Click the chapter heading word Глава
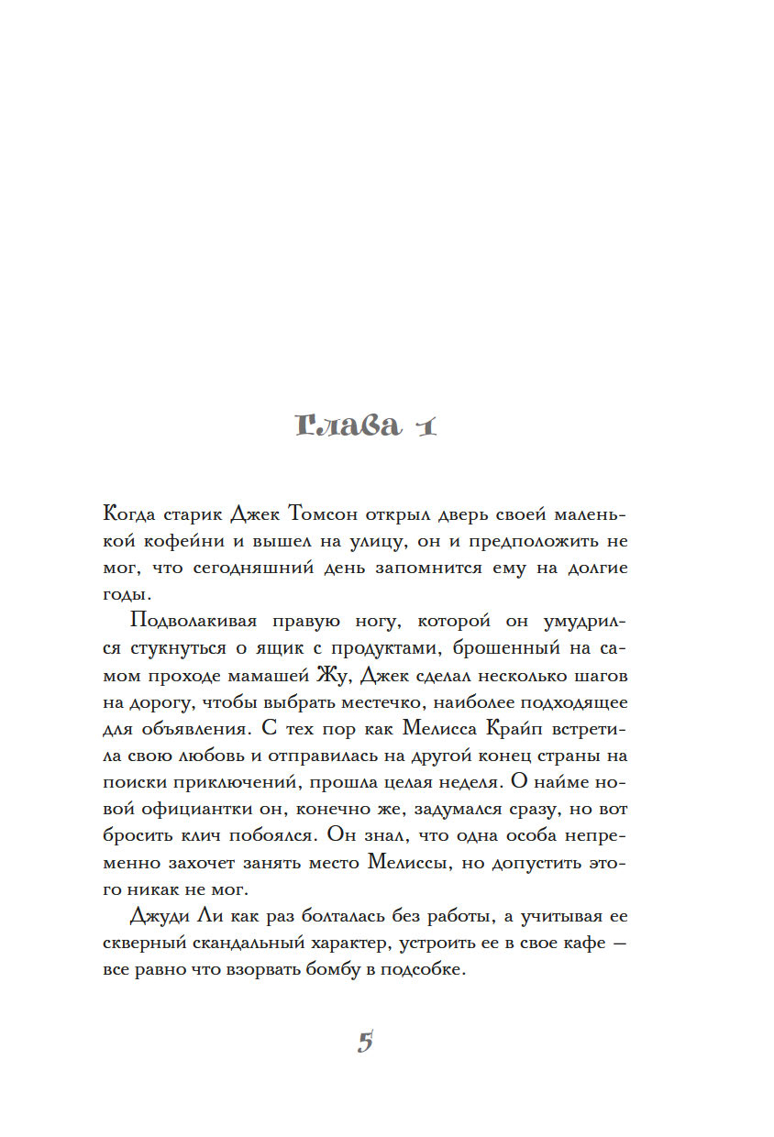(x=349, y=427)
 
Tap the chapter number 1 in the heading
(x=424, y=427)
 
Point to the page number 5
(x=365, y=1042)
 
